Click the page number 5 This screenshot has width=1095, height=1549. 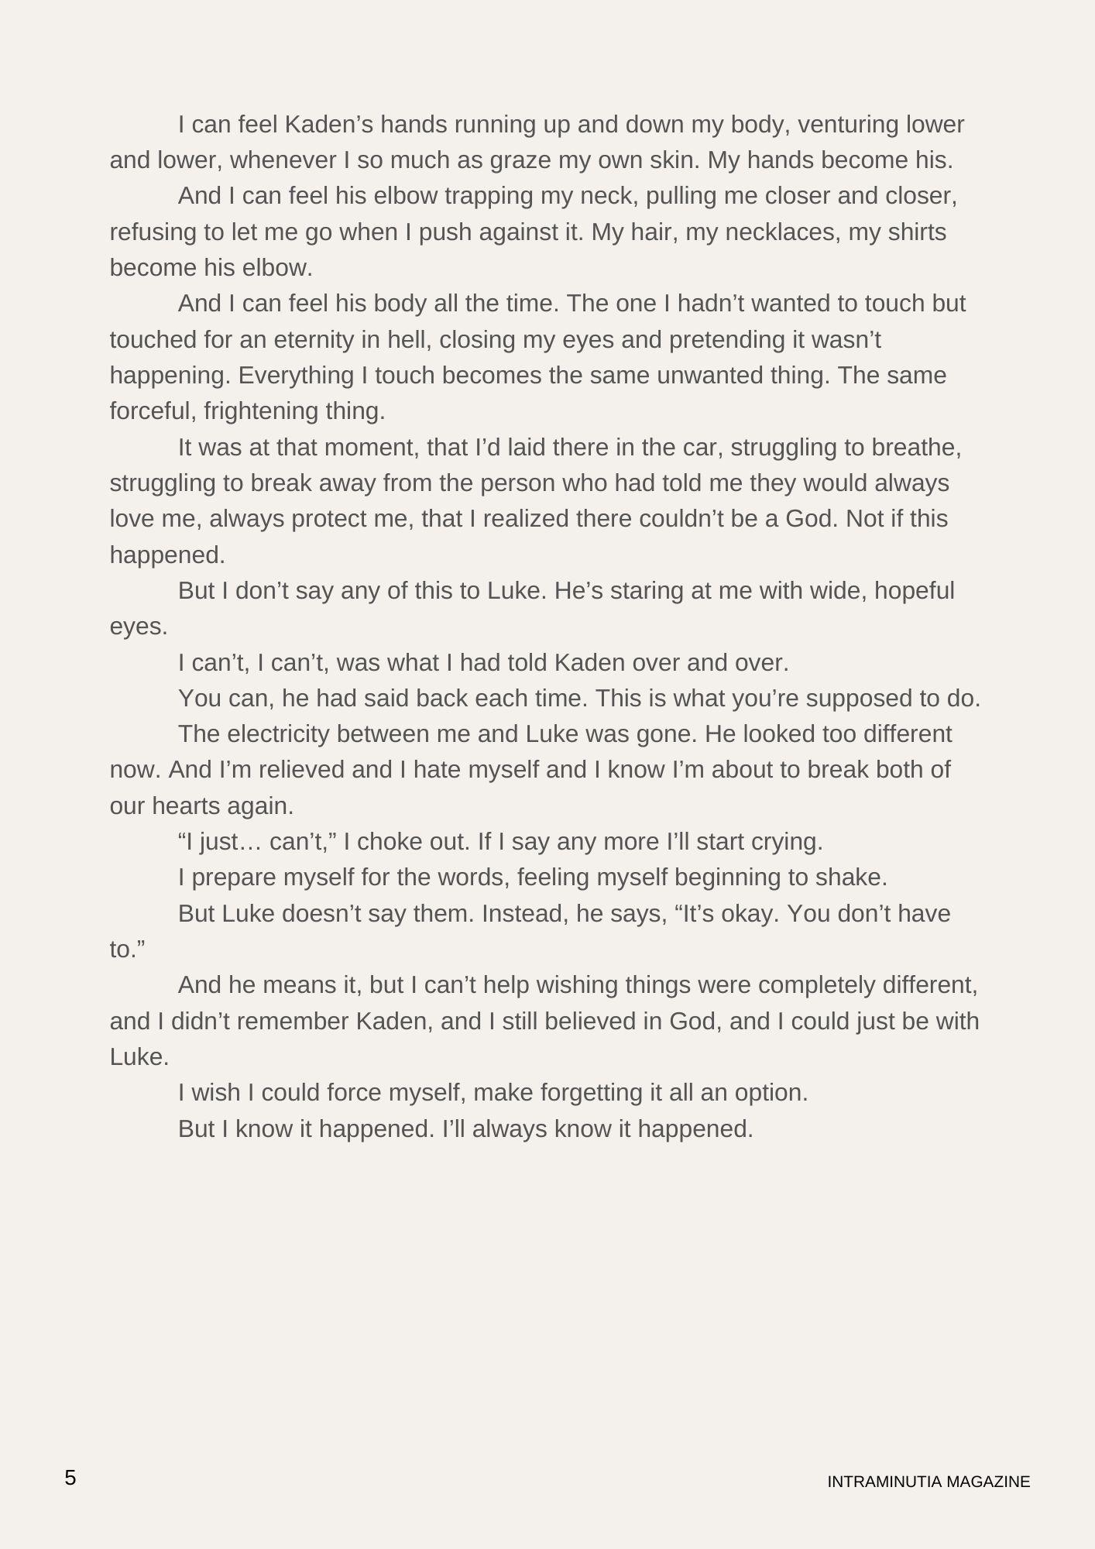click(70, 1478)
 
